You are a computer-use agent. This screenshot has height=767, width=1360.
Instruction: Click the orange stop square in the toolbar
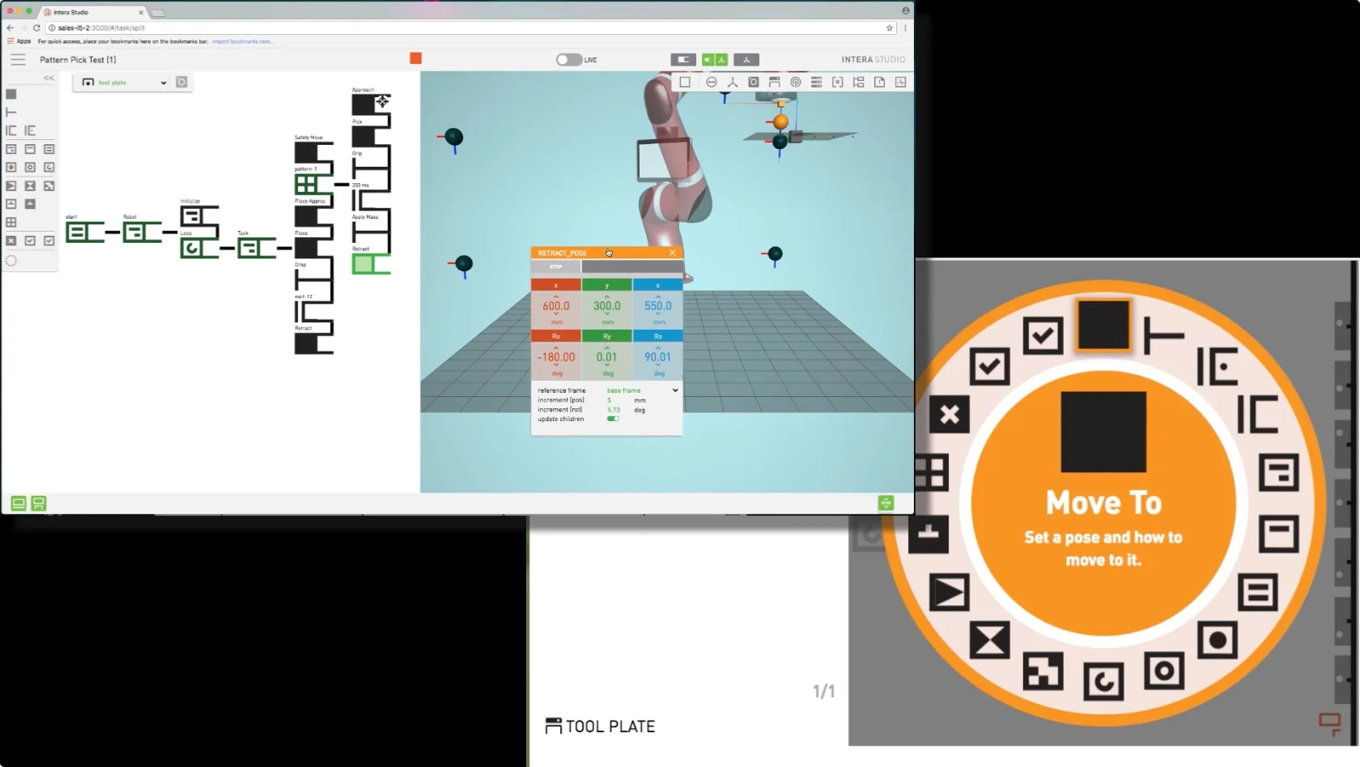[415, 58]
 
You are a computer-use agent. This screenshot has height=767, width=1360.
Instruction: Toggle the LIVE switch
[569, 60]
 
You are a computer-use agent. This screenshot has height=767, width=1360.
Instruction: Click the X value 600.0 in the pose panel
[556, 306]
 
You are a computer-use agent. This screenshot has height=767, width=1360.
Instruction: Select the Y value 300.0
[606, 306]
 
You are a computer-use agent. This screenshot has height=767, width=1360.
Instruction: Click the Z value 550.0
[657, 306]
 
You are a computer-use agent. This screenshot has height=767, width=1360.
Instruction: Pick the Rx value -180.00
[556, 357]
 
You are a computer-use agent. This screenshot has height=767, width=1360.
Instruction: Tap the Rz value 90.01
[657, 357]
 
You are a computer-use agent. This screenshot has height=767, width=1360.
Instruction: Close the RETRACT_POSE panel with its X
[672, 253]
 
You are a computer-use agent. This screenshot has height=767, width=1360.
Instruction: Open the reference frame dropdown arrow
[675, 390]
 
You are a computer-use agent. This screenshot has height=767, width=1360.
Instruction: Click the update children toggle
[613, 419]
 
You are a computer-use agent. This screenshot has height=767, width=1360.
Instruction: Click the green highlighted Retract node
[363, 264]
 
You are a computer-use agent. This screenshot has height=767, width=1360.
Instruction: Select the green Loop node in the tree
[192, 248]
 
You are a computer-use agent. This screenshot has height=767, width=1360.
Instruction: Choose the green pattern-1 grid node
[306, 185]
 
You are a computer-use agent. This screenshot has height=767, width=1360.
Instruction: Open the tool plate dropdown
[163, 83]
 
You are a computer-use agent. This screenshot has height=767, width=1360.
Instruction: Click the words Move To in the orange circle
[1103, 503]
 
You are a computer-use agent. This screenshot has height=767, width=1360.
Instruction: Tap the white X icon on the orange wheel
[950, 415]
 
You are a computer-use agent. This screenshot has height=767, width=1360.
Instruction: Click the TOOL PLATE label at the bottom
[610, 727]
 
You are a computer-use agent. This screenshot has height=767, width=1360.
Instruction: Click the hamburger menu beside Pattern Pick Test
[18, 60]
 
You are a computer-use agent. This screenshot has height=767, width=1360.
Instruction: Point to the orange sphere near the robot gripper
[780, 121]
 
